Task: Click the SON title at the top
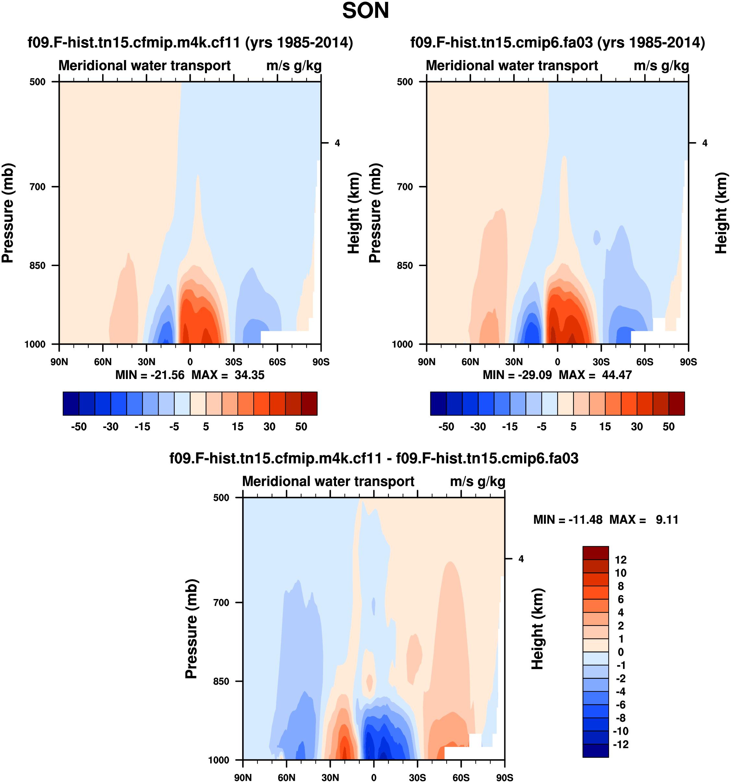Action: [x=365, y=11]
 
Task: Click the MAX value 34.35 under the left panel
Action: [x=249, y=375]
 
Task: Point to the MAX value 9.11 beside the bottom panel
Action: [x=667, y=520]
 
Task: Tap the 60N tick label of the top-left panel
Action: [x=103, y=361]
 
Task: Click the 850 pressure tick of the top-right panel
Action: [x=405, y=265]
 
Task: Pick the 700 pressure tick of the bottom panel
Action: [x=221, y=602]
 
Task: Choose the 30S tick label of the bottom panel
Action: [x=417, y=777]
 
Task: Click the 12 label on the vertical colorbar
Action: [x=621, y=560]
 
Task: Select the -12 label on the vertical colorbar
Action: [x=621, y=744]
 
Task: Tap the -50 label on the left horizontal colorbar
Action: [x=79, y=427]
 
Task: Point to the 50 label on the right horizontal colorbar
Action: [x=668, y=427]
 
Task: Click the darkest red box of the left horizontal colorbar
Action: [x=309, y=403]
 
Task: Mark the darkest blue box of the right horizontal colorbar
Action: [x=438, y=403]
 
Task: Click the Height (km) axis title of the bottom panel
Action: [x=537, y=629]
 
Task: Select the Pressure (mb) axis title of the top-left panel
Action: [x=8, y=213]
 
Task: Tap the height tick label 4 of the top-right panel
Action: [x=705, y=143]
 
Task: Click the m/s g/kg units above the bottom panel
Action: [x=477, y=481]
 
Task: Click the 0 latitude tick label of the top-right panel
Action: [x=557, y=361]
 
